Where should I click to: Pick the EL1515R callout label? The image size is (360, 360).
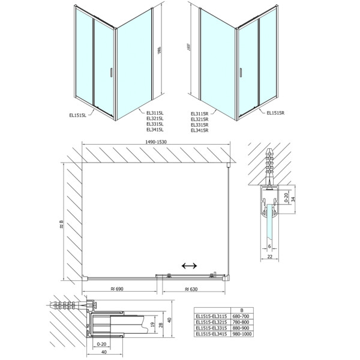[277, 112]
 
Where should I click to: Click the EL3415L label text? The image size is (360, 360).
[155, 130]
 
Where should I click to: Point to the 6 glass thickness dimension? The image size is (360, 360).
[271, 246]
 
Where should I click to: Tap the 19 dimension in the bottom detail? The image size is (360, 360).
[152, 327]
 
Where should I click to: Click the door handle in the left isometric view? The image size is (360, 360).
[110, 73]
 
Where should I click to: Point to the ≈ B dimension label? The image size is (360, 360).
[60, 225]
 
